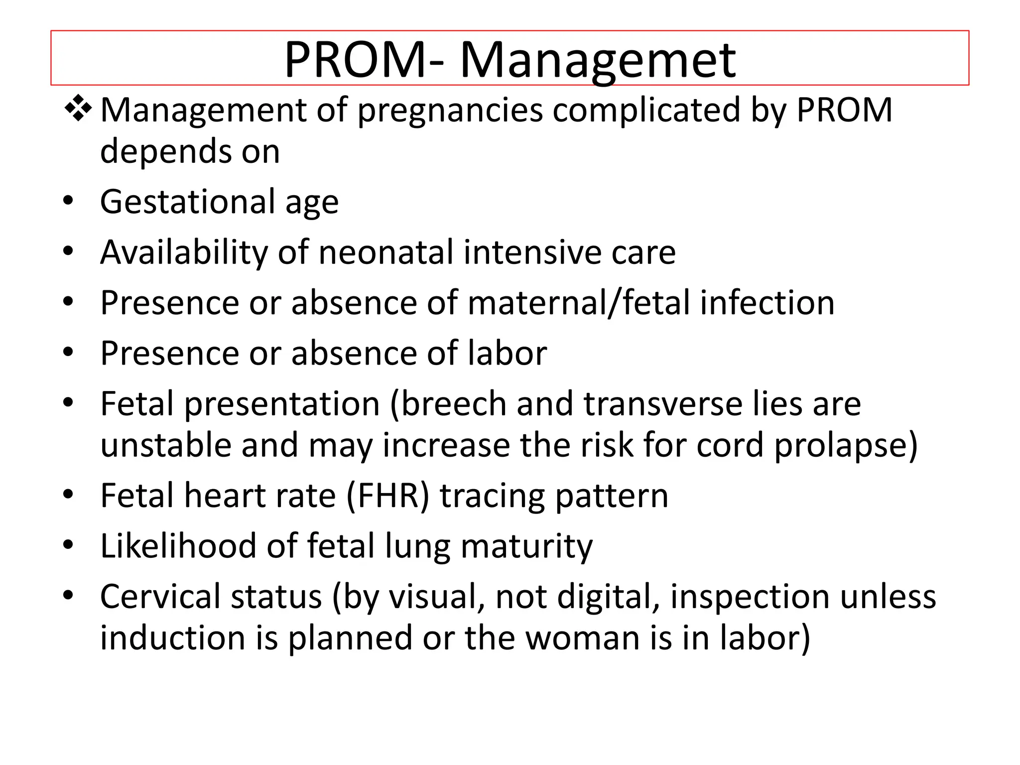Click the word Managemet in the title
point(597,61)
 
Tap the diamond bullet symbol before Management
point(78,109)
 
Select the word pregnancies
point(450,111)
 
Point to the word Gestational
point(187,202)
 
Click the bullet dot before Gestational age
point(69,201)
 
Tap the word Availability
point(184,253)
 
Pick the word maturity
point(526,547)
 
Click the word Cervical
point(161,597)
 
